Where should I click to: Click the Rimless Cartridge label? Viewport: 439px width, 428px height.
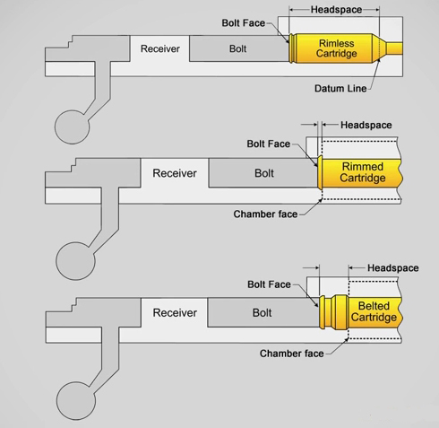pos(336,48)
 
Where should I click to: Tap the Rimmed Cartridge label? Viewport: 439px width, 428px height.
pos(363,172)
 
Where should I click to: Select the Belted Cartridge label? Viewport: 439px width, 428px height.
pos(374,311)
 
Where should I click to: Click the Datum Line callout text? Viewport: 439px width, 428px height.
pos(340,89)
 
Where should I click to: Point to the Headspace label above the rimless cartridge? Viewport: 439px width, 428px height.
pos(336,10)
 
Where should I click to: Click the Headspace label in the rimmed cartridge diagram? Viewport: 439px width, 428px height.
pos(366,125)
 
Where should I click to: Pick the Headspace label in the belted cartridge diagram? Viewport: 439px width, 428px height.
pos(393,268)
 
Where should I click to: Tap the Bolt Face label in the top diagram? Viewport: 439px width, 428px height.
pos(244,23)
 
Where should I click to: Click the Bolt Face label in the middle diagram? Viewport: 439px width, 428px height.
pos(269,144)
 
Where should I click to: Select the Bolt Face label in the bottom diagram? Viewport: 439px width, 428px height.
pos(269,284)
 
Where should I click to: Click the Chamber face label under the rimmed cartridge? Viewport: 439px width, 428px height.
pos(265,214)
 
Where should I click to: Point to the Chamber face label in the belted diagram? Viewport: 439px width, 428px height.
pos(292,354)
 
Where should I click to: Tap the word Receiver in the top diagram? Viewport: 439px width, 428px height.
pos(160,48)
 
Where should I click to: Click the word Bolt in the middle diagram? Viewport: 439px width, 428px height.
pos(264,173)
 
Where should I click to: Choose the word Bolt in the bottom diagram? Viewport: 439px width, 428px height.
pos(262,313)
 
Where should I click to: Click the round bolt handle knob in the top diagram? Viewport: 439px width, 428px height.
pos(72,127)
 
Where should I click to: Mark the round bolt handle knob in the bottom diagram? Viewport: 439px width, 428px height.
pos(76,401)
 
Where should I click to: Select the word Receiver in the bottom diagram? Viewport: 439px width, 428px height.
pos(175,313)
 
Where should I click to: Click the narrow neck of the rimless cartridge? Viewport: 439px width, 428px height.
pos(394,48)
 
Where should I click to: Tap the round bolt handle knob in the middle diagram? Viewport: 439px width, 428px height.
pos(75,261)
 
